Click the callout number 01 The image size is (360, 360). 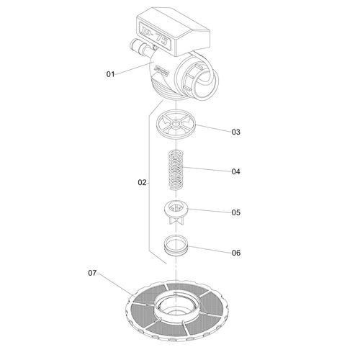110,73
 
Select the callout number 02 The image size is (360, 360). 142,183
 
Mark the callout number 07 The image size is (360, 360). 91,273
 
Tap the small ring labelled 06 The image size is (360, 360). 175,247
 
